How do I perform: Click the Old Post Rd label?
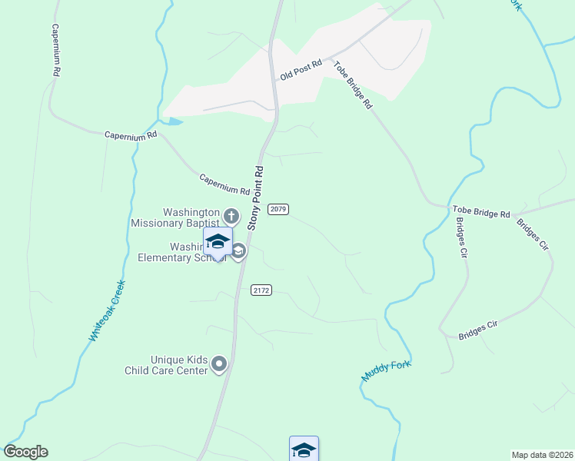pyautogui.click(x=301, y=71)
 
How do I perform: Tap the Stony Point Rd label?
pyautogui.click(x=256, y=197)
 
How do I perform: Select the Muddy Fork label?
pyautogui.click(x=387, y=372)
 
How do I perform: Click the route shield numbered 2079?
pyautogui.click(x=278, y=209)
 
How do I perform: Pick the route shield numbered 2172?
pyautogui.click(x=261, y=290)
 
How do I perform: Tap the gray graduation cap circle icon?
pyautogui.click(x=239, y=251)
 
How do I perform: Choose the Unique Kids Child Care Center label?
pyautogui.click(x=168, y=365)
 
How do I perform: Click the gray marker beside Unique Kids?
pyautogui.click(x=220, y=363)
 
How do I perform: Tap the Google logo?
pyautogui.click(x=25, y=452)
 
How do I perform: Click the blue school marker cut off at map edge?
pyautogui.click(x=304, y=449)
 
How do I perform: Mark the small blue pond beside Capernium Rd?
pyautogui.click(x=174, y=121)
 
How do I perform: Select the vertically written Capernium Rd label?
pyautogui.click(x=55, y=48)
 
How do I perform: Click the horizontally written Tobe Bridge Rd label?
pyautogui.click(x=481, y=213)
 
